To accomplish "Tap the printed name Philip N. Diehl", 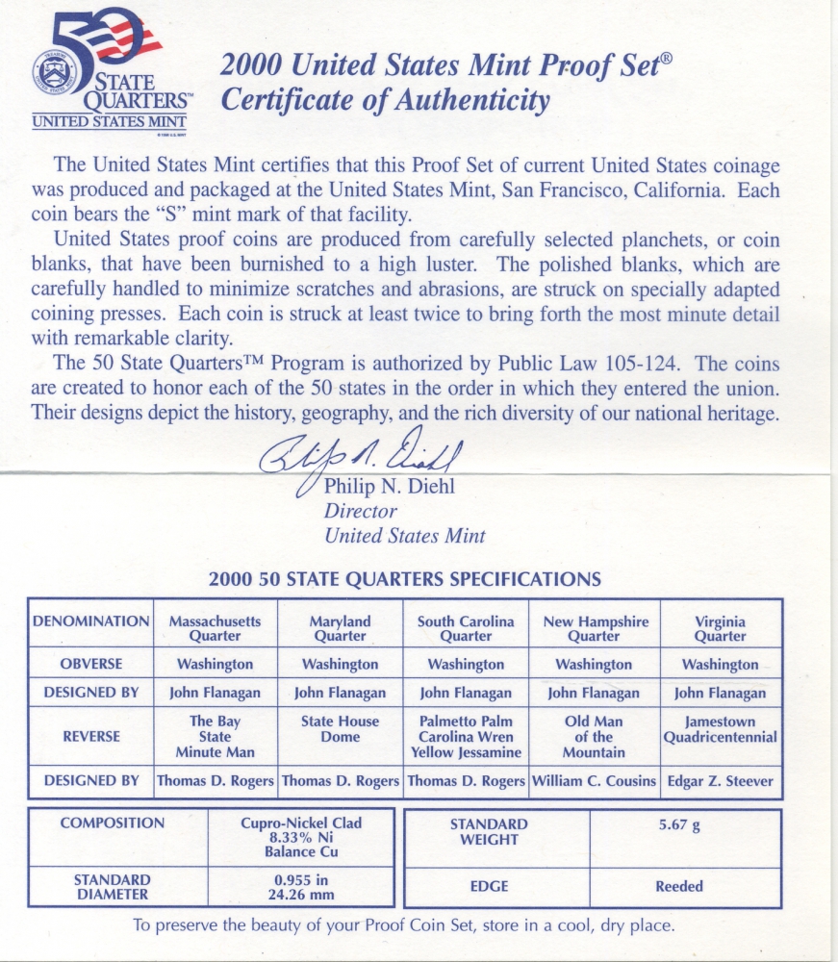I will [x=390, y=487].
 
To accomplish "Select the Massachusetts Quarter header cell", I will [x=215, y=628].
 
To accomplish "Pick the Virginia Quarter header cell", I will [x=720, y=628].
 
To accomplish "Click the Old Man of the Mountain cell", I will [x=594, y=736].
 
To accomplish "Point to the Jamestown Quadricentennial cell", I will [x=720, y=729].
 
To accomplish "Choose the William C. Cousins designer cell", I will [x=594, y=781].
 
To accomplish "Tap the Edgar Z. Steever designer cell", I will [x=720, y=781].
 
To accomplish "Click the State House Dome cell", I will [x=340, y=729].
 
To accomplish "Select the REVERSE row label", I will [x=90, y=736].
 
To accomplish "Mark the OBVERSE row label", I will [x=90, y=664].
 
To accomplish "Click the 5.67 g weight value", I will [x=679, y=824].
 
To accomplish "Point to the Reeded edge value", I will [x=679, y=886].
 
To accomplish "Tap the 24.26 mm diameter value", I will [x=302, y=894].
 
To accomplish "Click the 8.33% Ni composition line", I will [x=302, y=838].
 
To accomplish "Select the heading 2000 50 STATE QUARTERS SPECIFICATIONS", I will [x=405, y=579].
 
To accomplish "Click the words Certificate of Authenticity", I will [x=385, y=100].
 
